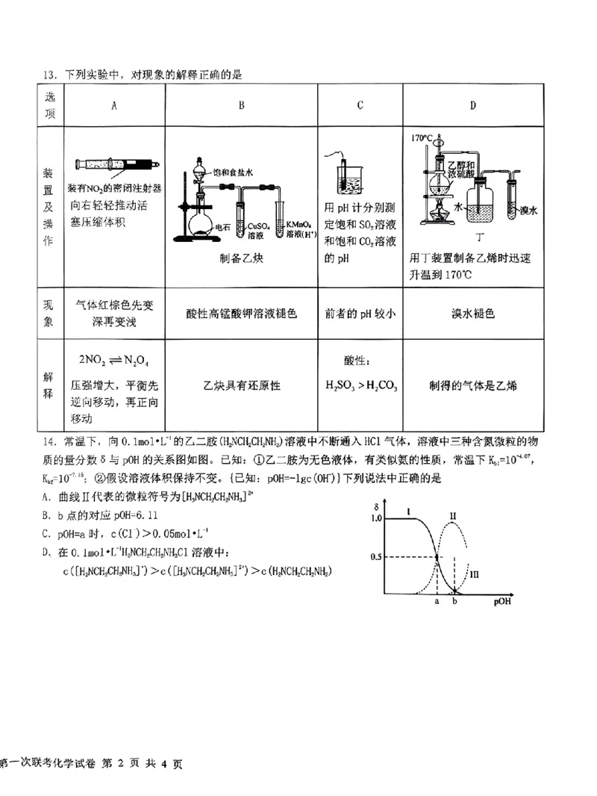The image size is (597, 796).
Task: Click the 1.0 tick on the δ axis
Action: (375, 517)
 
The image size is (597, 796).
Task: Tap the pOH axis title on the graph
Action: (502, 600)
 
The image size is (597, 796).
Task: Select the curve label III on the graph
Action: (474, 573)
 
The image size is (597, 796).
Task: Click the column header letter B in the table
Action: (241, 105)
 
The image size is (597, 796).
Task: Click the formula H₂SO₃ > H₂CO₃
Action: (360, 386)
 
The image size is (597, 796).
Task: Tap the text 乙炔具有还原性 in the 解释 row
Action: (241, 386)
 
